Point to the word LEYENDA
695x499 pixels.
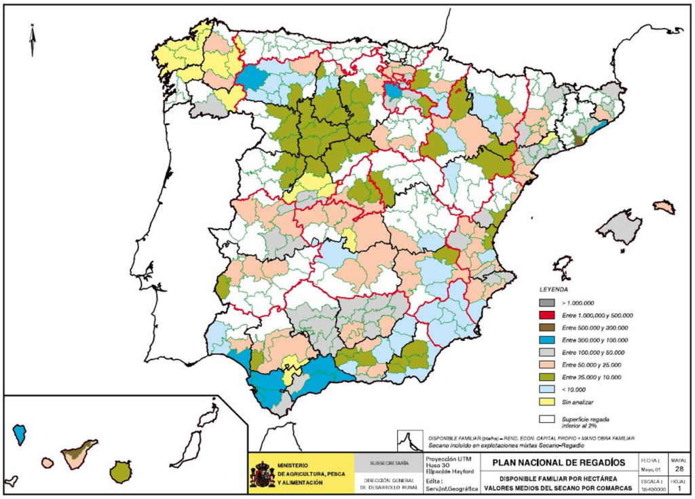(554, 289)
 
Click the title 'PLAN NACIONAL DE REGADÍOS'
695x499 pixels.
(559, 463)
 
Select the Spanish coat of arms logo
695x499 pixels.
(262, 475)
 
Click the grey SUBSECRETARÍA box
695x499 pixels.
(389, 463)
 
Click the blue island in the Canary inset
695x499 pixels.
(20, 432)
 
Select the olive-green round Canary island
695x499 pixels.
(121, 470)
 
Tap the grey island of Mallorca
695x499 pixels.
(618, 226)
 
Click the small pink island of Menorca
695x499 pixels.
(664, 206)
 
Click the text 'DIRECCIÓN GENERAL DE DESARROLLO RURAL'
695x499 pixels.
(389, 483)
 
